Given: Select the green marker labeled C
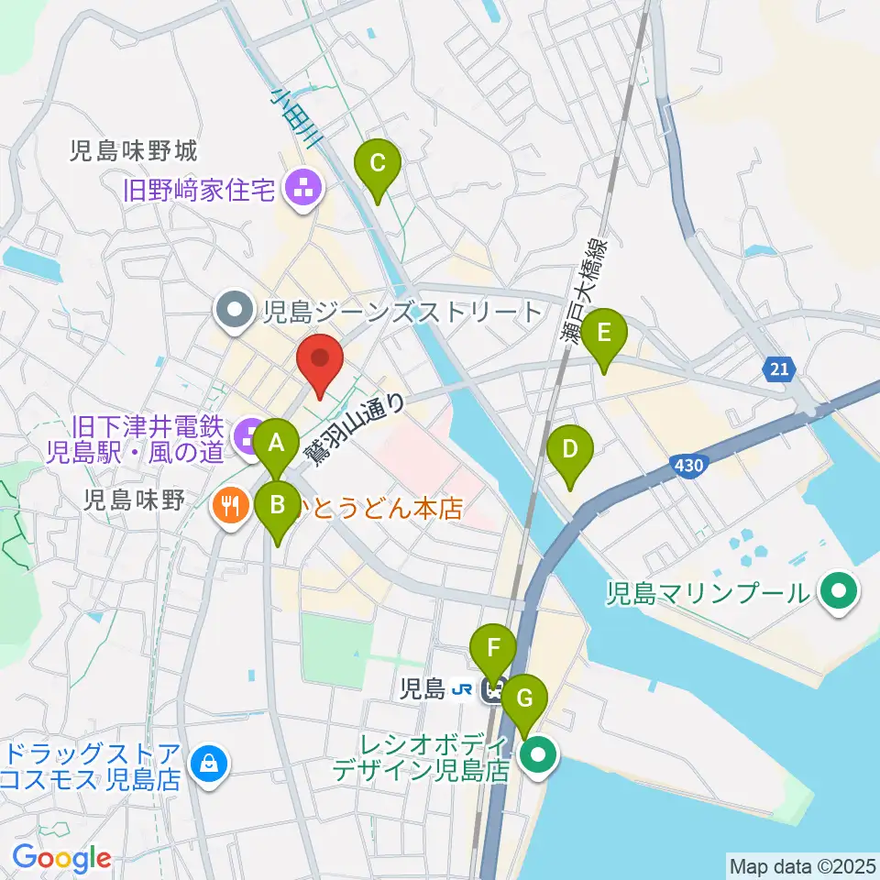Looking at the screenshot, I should point(377,167).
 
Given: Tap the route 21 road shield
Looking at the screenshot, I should point(778,368).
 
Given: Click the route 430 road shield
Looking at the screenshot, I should point(688,466).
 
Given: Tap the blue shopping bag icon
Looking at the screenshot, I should point(209,762).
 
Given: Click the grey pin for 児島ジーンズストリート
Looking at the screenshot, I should point(235,312).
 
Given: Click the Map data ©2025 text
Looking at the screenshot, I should point(801,865).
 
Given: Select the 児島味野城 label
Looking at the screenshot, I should point(134,151).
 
